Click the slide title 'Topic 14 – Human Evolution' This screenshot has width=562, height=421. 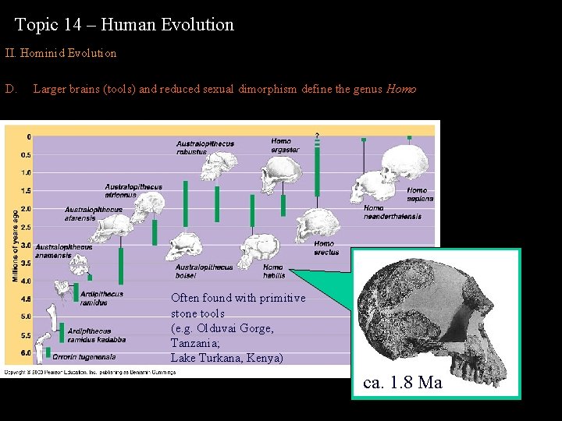point(124,25)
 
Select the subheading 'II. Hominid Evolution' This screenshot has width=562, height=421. point(61,54)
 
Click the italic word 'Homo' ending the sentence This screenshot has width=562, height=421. point(400,89)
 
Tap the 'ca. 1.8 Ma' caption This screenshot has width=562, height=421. point(403,382)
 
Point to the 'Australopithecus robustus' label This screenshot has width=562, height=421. point(205,148)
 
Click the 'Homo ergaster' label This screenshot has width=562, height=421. point(285,146)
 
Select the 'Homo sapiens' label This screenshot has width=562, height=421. point(418,194)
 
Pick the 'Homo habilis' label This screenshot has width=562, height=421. point(274,271)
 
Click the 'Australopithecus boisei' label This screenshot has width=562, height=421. point(205,271)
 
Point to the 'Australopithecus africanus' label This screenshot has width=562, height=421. point(133,191)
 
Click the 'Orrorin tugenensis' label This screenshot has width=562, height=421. point(84,357)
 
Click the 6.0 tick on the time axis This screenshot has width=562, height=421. point(26,353)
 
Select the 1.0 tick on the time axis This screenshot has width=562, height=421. point(26,172)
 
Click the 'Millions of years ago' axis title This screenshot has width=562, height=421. point(15,246)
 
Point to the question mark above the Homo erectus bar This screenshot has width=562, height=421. point(317,136)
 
